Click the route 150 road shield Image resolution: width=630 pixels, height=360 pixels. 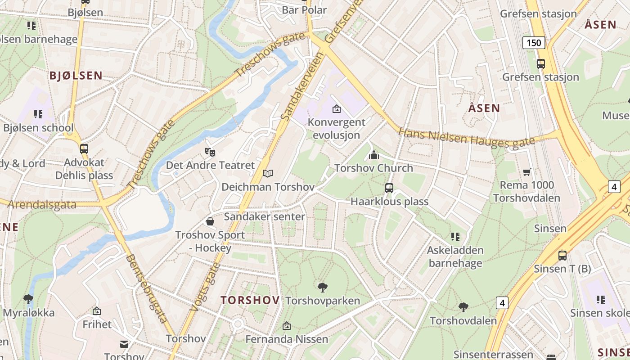534,43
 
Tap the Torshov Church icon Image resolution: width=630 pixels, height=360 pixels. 373,155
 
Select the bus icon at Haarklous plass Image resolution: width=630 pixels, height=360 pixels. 389,188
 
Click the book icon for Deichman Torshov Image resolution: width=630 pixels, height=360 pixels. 268,173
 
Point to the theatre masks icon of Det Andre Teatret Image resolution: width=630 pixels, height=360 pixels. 210,152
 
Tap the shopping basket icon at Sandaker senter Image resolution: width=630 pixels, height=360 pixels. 210,221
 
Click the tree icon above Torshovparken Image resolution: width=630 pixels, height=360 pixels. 322,287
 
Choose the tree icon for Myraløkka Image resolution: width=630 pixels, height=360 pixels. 28,299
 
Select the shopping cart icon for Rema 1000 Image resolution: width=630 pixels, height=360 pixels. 526,172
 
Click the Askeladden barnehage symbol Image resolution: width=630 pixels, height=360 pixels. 455,237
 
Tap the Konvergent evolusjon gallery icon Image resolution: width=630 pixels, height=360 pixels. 336,109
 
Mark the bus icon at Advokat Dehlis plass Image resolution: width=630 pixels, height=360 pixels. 84,149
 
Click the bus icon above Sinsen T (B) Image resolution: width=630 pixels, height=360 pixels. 562,256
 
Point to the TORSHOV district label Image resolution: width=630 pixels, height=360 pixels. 250,300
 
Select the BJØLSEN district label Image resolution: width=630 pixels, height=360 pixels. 76,76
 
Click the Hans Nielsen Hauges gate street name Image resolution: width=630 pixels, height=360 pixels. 467,138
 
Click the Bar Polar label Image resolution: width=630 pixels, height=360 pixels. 304,10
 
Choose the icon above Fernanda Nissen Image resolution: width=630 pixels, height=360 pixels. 287,326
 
